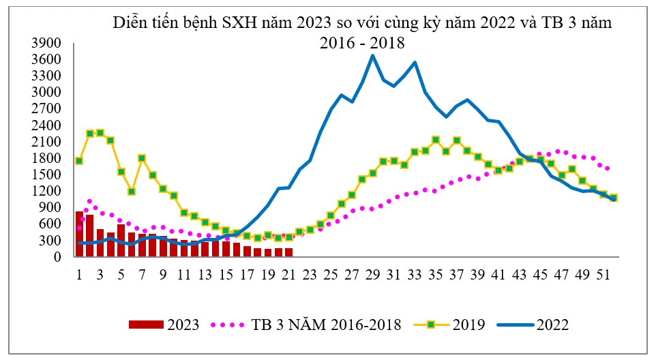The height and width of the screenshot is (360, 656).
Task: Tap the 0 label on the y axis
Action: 58,257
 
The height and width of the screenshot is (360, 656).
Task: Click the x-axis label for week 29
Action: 372,275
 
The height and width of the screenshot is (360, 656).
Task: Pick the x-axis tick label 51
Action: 603,275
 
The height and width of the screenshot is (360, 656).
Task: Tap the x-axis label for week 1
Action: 80,275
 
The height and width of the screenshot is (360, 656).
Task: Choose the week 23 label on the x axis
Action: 310,275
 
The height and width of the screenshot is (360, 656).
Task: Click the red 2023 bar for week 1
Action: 80,235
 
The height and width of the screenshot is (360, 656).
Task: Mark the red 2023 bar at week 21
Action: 288,252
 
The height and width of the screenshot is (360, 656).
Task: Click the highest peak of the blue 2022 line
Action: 372,55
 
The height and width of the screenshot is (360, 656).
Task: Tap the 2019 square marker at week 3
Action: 100,133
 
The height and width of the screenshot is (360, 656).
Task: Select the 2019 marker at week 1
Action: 80,161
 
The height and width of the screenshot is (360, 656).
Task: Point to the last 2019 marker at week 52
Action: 613,198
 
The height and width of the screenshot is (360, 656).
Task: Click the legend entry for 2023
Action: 164,325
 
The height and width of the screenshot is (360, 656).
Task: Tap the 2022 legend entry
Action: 532,325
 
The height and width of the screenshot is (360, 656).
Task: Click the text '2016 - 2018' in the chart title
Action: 362,43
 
